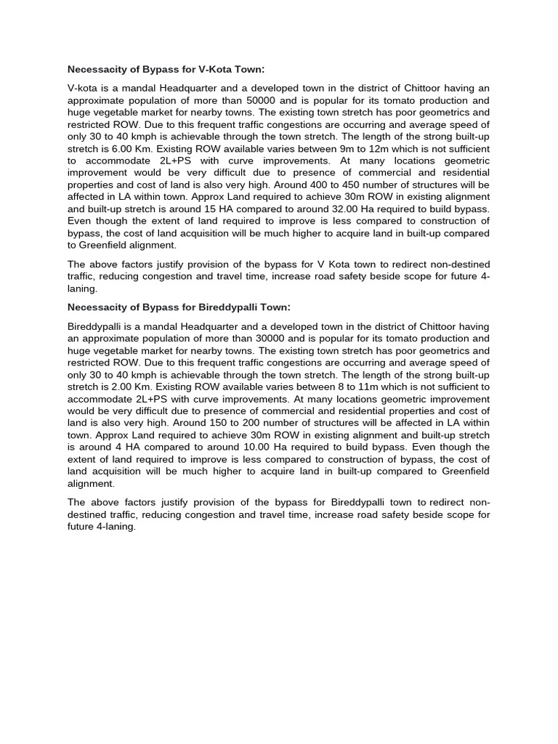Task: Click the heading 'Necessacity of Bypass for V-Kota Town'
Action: [166, 70]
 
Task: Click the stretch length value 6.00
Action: [116, 149]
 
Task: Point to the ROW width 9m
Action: [349, 149]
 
